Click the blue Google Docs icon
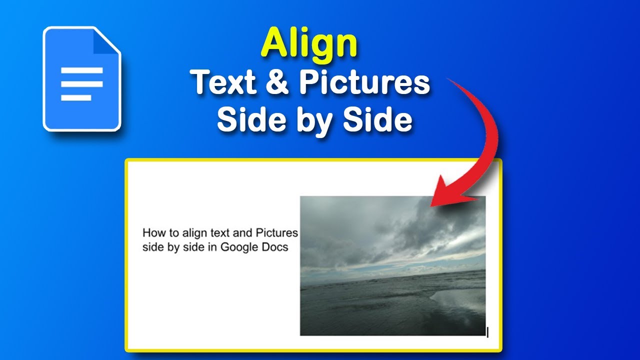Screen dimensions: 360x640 [82, 79]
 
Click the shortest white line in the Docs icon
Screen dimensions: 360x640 [76, 97]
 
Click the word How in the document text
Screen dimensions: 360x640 [153, 232]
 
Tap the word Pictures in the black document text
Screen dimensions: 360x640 [276, 232]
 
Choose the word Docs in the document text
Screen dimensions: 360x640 [275, 247]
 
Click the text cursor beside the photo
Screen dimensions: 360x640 [487, 331]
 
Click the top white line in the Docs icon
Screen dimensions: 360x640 [82, 70]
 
